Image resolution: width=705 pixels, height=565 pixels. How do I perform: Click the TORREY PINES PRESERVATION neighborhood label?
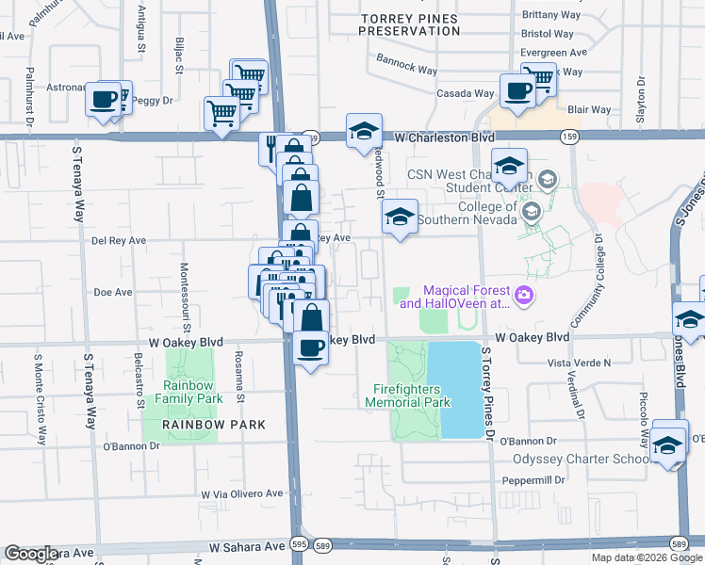coord(414,24)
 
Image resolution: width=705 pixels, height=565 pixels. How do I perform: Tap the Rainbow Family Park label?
coord(192,392)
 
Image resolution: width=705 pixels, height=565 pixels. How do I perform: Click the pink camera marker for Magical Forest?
coord(524,297)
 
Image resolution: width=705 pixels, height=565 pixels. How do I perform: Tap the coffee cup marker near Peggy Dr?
coord(104,100)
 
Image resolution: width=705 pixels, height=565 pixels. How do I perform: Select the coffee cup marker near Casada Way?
coord(516,92)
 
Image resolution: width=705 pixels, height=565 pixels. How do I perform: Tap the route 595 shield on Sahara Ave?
coord(297,545)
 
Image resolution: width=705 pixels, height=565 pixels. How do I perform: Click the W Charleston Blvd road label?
coord(444,137)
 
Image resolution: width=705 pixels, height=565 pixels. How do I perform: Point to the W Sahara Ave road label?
coord(248,546)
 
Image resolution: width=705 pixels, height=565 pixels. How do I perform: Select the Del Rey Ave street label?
coord(119,240)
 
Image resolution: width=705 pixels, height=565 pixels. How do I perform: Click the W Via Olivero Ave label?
coord(241,493)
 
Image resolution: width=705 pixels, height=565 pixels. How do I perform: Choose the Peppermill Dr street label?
coord(533,479)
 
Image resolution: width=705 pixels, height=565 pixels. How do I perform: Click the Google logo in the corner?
coord(31,554)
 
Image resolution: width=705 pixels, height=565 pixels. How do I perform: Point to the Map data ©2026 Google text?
coord(647,557)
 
